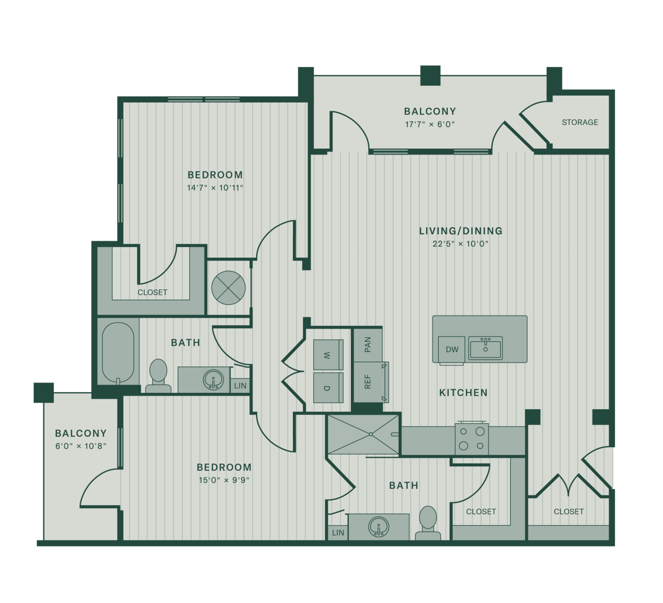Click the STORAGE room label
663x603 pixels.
point(580,122)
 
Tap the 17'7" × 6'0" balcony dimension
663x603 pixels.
point(430,124)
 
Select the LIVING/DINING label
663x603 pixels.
point(461,231)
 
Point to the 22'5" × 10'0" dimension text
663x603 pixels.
point(461,244)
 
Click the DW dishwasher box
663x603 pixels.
point(452,349)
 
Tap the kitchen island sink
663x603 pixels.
point(485,348)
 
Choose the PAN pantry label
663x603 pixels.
point(368,344)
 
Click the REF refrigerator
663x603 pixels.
point(371,382)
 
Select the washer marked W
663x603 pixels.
point(328,355)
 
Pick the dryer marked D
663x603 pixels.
point(328,388)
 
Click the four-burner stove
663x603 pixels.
point(471,438)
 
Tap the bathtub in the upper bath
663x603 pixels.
point(118,352)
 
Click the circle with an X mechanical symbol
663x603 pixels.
point(228,288)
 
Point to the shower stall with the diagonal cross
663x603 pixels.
point(363,434)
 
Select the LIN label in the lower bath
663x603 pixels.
point(338,533)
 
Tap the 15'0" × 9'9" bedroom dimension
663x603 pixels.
point(224,480)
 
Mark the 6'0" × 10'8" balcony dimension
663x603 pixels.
point(81,446)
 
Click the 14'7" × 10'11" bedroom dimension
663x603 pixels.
point(215,187)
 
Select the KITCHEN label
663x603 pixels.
point(464,393)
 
